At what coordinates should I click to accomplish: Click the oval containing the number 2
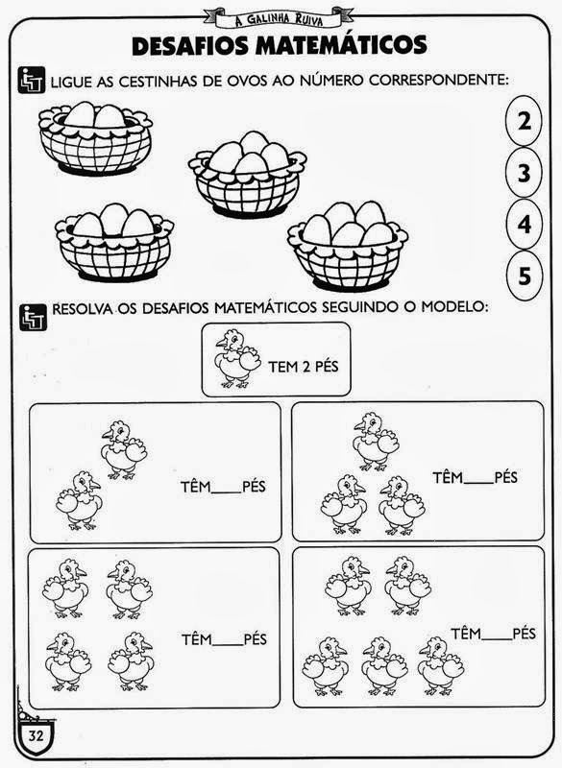[524, 121]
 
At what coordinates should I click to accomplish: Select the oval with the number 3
[524, 173]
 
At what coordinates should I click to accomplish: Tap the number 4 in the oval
[525, 225]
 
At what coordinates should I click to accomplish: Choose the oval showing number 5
[524, 276]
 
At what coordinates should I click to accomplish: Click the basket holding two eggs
[95, 138]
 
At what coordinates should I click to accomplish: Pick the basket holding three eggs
[114, 243]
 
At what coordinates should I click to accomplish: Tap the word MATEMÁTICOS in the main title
[341, 45]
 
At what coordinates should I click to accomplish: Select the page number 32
[36, 735]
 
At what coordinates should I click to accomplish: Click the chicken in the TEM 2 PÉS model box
[237, 359]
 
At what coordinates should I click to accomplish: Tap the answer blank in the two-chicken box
[227, 492]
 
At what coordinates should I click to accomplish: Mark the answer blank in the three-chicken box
[478, 483]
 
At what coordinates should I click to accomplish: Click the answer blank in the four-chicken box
[228, 644]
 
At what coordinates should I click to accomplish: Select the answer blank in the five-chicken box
[497, 639]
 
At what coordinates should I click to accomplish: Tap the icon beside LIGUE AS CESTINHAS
[32, 80]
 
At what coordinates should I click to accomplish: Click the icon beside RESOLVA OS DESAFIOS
[33, 317]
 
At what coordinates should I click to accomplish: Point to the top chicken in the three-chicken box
[376, 442]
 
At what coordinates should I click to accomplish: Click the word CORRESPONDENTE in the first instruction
[437, 80]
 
